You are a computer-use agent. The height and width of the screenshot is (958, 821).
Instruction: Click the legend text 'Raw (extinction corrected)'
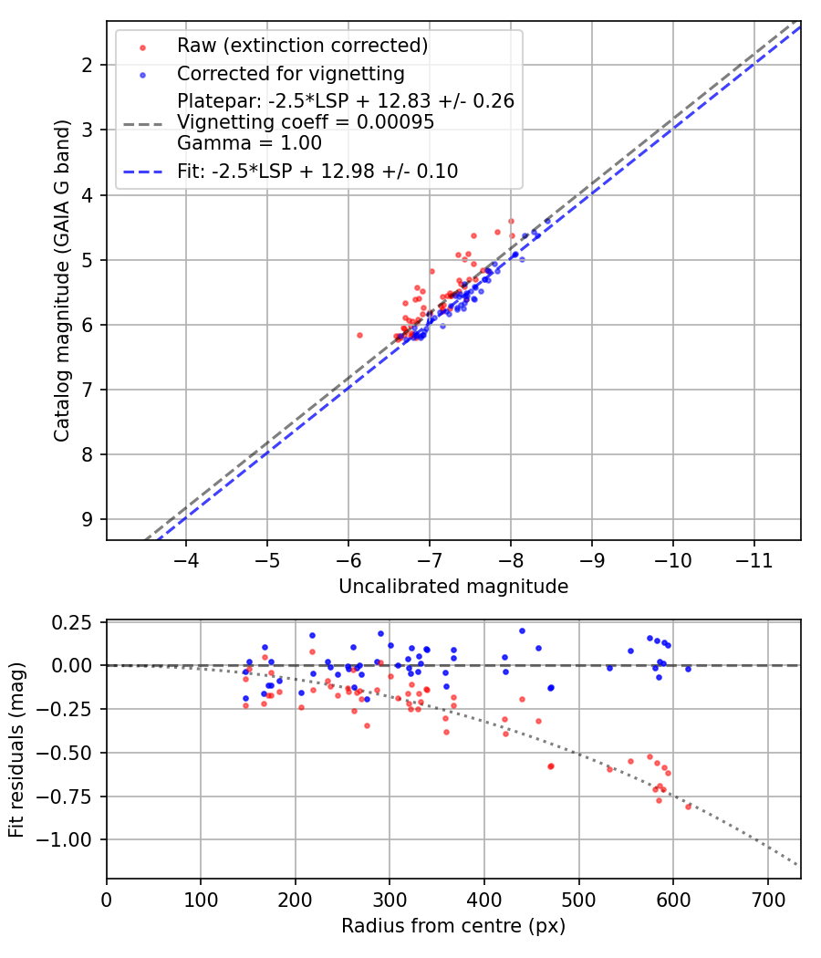(303, 46)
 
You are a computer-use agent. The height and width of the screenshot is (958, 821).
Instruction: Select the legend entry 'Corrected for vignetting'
(291, 73)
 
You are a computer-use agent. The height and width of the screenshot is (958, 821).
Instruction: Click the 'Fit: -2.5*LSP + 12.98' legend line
(317, 171)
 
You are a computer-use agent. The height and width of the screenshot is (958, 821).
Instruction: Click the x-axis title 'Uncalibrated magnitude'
(453, 587)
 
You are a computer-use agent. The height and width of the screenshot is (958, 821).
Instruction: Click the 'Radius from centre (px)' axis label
(453, 926)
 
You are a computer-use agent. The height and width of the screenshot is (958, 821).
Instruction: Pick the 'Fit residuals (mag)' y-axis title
(16, 749)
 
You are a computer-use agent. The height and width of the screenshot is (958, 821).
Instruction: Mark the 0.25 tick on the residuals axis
(75, 622)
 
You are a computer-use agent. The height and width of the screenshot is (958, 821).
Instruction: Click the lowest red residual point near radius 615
(688, 807)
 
